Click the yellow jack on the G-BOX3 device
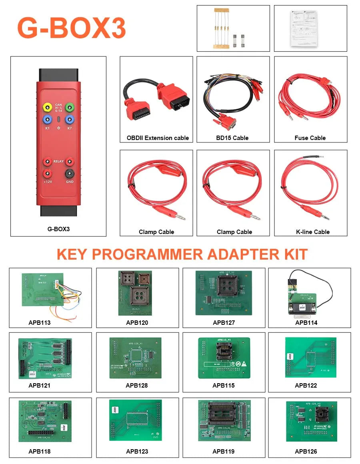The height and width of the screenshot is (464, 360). [48, 107]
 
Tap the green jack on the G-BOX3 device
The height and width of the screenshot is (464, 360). [70, 107]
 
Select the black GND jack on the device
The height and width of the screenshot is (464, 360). [70, 173]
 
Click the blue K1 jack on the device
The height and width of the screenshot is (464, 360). [48, 119]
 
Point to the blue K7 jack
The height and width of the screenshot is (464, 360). [70, 119]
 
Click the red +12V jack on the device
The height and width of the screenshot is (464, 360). [48, 173]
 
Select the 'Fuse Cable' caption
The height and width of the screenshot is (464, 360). [310, 138]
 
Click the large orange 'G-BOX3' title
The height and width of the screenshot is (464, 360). [71, 28]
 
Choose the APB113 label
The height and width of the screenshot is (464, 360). [40, 322]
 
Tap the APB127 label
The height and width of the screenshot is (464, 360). [224, 322]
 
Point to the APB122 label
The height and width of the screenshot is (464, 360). [306, 386]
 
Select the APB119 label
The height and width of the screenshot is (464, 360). [224, 451]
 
